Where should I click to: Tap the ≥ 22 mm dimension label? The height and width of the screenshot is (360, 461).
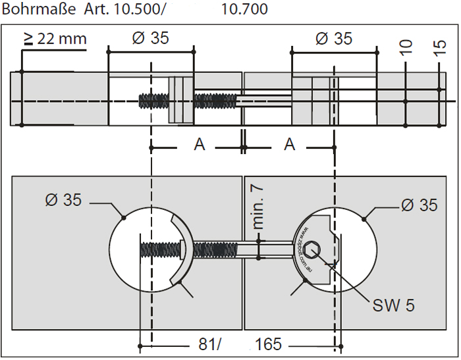(x=55, y=38)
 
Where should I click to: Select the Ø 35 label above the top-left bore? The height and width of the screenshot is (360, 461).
(x=150, y=38)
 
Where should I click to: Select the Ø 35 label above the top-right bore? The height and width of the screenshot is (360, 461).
(x=334, y=38)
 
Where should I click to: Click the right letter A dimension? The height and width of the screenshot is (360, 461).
(x=289, y=145)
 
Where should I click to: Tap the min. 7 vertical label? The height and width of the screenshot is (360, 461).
(x=258, y=207)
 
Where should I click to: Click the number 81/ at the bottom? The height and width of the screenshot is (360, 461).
(x=210, y=344)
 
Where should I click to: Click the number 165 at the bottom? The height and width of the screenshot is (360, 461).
(x=268, y=344)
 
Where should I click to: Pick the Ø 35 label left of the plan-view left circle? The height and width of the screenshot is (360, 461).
(x=63, y=200)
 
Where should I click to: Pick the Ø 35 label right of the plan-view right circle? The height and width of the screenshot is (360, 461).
(x=419, y=205)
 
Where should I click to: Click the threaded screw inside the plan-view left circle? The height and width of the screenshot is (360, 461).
(x=158, y=250)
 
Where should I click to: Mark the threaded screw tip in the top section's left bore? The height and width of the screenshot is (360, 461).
(x=153, y=101)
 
